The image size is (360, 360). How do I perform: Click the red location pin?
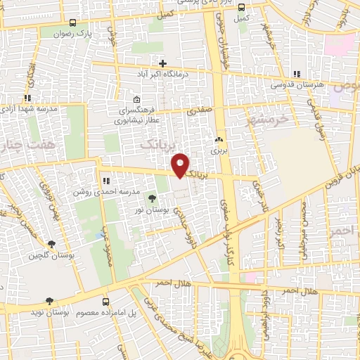click(182, 166)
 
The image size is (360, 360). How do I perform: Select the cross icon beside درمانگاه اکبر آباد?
click(162, 63)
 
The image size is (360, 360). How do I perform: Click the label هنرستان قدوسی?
click(298, 85)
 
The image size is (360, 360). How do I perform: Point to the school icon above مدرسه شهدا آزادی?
click(27, 98)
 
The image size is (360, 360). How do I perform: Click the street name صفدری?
click(197, 110)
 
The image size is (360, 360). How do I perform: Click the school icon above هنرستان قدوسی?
click(297, 74)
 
